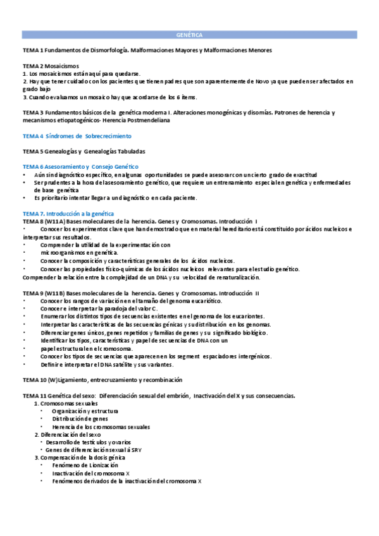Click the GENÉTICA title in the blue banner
(189, 36)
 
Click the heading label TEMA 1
(32, 49)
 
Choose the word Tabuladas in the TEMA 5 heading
(130, 152)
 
